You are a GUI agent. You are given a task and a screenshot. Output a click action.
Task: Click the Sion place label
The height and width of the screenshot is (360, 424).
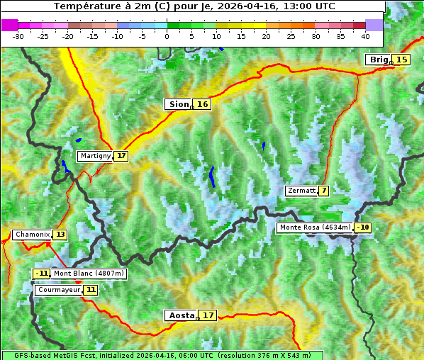(178, 104)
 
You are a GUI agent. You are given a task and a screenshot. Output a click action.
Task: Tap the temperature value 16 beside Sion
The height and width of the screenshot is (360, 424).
(203, 104)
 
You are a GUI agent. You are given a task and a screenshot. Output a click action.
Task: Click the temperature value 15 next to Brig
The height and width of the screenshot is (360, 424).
(402, 60)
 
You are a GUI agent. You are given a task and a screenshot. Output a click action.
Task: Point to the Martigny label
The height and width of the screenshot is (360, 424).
(95, 156)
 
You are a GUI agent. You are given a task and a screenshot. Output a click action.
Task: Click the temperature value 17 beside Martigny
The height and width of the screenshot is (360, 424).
(121, 156)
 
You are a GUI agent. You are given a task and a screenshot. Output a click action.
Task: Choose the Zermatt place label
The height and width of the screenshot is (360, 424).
(301, 191)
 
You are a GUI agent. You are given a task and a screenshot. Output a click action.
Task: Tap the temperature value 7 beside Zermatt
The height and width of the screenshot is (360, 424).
(324, 191)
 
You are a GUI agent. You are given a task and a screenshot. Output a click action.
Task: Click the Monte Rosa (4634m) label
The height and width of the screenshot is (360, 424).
(315, 227)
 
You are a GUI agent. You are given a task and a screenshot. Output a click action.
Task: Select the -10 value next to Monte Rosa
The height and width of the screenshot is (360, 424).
(363, 227)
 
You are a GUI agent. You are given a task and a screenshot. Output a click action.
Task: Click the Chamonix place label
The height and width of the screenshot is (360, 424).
(32, 235)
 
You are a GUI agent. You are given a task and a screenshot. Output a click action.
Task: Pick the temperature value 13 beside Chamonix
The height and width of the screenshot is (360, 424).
(60, 235)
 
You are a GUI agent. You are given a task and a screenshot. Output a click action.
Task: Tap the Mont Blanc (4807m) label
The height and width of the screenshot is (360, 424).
(89, 274)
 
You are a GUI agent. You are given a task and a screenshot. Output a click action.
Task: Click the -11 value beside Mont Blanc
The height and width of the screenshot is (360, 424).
(42, 274)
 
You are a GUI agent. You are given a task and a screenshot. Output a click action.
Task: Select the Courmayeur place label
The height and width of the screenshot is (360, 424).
(58, 290)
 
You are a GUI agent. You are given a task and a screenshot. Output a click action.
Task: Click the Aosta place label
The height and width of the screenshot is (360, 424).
(180, 315)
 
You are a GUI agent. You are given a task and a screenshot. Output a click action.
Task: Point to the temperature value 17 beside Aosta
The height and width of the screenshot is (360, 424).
(208, 315)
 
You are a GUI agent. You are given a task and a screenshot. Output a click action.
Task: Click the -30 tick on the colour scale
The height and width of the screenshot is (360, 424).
(18, 35)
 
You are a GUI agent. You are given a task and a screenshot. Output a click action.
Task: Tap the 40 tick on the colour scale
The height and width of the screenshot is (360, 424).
(365, 35)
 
